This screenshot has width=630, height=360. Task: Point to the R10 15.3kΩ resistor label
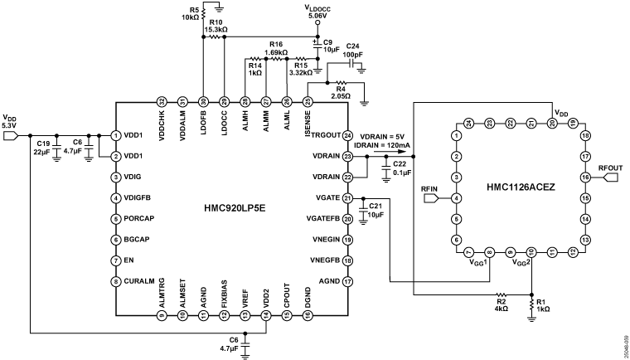pyautogui.click(x=218, y=27)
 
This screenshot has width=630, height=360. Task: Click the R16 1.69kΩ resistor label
pyautogui.click(x=276, y=49)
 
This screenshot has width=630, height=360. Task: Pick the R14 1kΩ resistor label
pyautogui.click(x=254, y=69)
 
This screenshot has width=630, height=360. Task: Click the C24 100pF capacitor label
pyautogui.click(x=352, y=50)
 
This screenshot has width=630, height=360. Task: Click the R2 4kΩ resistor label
pyautogui.click(x=500, y=303)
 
